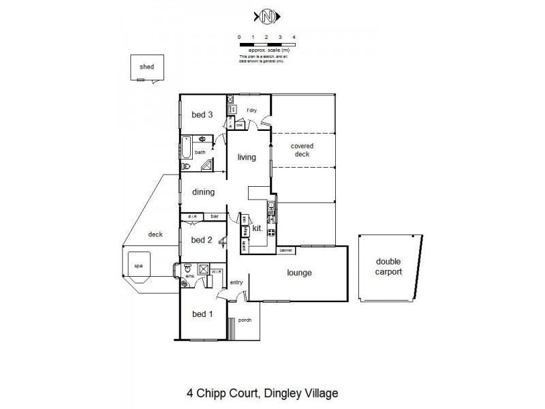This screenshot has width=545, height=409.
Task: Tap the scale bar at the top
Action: click(266, 44)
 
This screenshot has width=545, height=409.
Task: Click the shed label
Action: click(146, 67)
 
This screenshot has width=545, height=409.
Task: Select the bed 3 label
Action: click(202, 115)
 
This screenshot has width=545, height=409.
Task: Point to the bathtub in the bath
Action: click(186, 148)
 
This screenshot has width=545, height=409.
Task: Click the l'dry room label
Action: click(251, 110)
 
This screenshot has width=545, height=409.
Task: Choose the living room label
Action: click(247, 157)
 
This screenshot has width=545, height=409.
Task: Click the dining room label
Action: click(204, 192)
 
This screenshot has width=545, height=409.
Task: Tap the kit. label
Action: click(258, 228)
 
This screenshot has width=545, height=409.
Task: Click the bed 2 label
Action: click(202, 240)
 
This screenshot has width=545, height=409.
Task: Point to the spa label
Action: click(137, 266)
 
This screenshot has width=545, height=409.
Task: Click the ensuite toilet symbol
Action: click(186, 270)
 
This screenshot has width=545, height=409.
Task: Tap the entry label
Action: click(236, 282)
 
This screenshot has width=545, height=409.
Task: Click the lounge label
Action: click(299, 273)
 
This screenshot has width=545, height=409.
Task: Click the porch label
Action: click(245, 320)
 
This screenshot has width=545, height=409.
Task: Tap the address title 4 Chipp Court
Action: click(262, 393)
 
